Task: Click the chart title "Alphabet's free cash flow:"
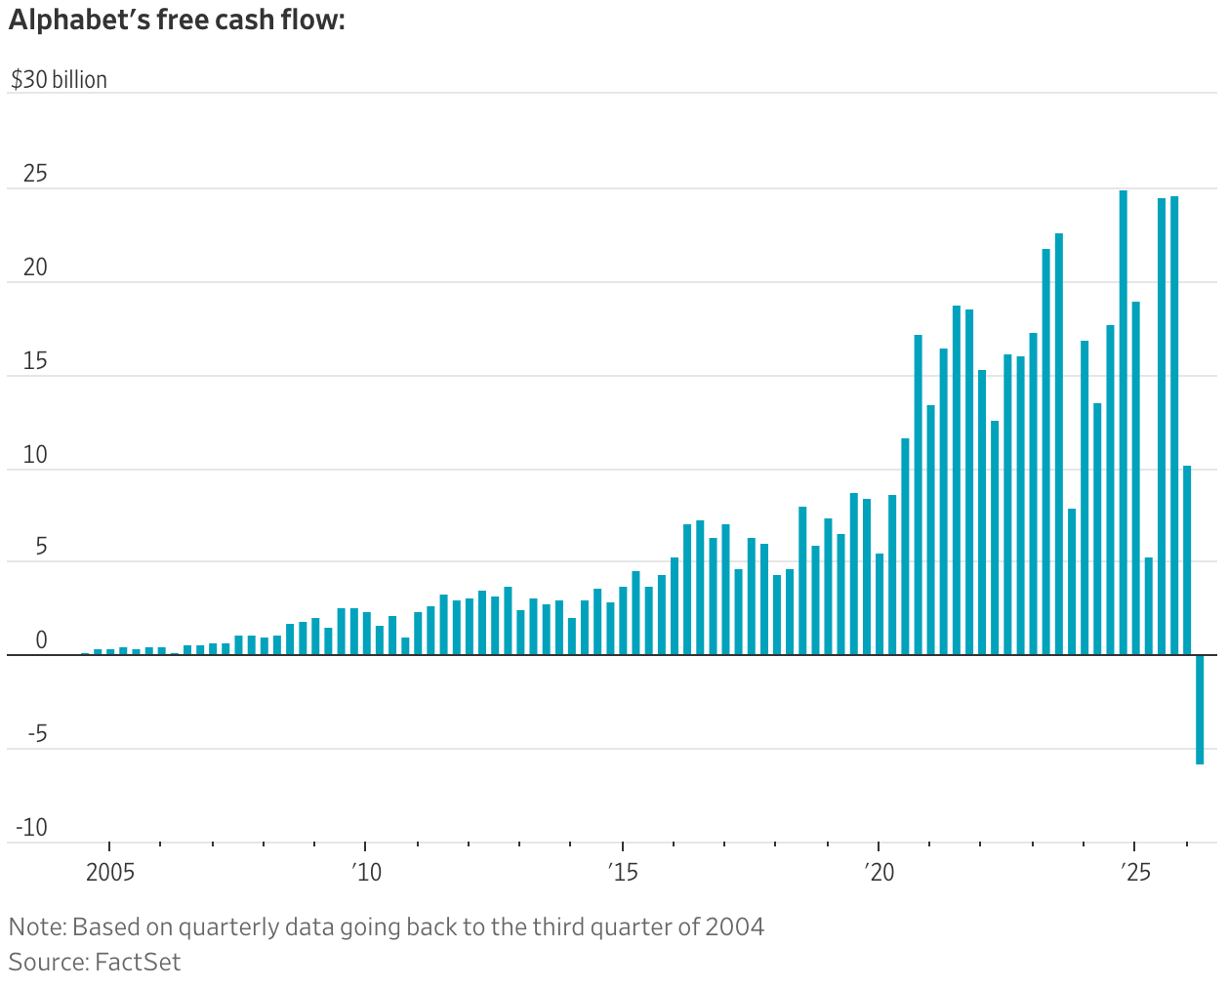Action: click(177, 21)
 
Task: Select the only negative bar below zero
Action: click(1200, 710)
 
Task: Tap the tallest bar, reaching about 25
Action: click(1123, 423)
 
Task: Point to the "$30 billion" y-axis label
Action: click(59, 79)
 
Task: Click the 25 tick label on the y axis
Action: click(35, 174)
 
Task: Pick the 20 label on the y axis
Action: click(35, 268)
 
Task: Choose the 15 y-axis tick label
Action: click(35, 361)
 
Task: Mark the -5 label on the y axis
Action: click(38, 734)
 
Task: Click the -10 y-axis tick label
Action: click(32, 828)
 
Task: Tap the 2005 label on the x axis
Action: click(110, 873)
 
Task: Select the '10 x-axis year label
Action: click(366, 873)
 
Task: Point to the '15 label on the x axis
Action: click(623, 873)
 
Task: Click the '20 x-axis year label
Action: click(879, 873)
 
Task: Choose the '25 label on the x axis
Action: click(1135, 873)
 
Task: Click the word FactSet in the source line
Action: click(138, 963)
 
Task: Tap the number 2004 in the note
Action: click(734, 926)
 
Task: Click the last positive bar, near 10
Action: click(1187, 560)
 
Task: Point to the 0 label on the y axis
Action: click(41, 640)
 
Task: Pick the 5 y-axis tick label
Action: click(41, 547)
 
